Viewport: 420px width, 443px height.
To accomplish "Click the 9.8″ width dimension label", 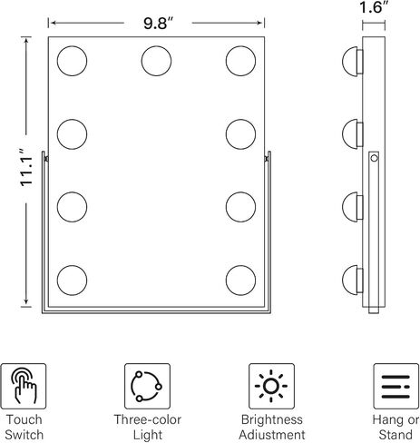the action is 158,23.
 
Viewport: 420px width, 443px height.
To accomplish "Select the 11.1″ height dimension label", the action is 26,167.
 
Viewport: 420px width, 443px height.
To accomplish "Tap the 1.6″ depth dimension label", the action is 374,7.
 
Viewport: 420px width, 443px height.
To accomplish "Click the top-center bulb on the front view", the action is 156,61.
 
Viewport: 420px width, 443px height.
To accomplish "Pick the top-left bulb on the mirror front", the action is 72,61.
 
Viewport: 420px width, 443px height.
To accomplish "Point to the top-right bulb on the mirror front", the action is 240,61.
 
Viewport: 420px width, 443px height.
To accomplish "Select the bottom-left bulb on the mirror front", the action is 72,281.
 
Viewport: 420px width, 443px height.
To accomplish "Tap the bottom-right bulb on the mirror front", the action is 240,281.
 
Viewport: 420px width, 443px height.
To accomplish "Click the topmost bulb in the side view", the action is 353,62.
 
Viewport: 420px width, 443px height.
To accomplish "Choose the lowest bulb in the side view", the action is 353,281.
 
